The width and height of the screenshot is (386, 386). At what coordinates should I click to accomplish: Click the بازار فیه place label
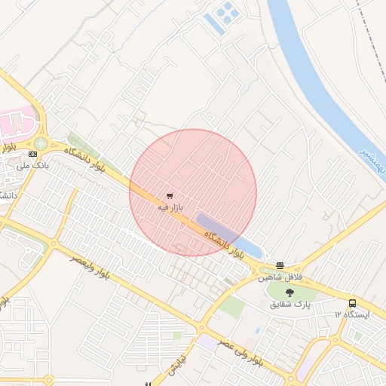tap(170, 207)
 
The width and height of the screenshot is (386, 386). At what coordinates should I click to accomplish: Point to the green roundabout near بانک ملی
tap(41, 143)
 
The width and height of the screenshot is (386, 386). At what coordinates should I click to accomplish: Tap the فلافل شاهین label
tap(280, 277)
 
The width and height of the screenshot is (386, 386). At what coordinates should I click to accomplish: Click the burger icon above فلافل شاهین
tap(280, 265)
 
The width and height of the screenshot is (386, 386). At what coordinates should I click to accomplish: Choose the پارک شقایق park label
tap(290, 304)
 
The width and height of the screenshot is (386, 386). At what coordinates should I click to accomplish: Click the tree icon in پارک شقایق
tap(290, 292)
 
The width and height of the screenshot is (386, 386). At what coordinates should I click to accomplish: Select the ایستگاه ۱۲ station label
tap(353, 315)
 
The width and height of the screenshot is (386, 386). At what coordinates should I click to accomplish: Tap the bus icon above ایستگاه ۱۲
tap(353, 303)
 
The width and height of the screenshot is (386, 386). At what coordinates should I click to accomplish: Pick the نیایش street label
tap(173, 363)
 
